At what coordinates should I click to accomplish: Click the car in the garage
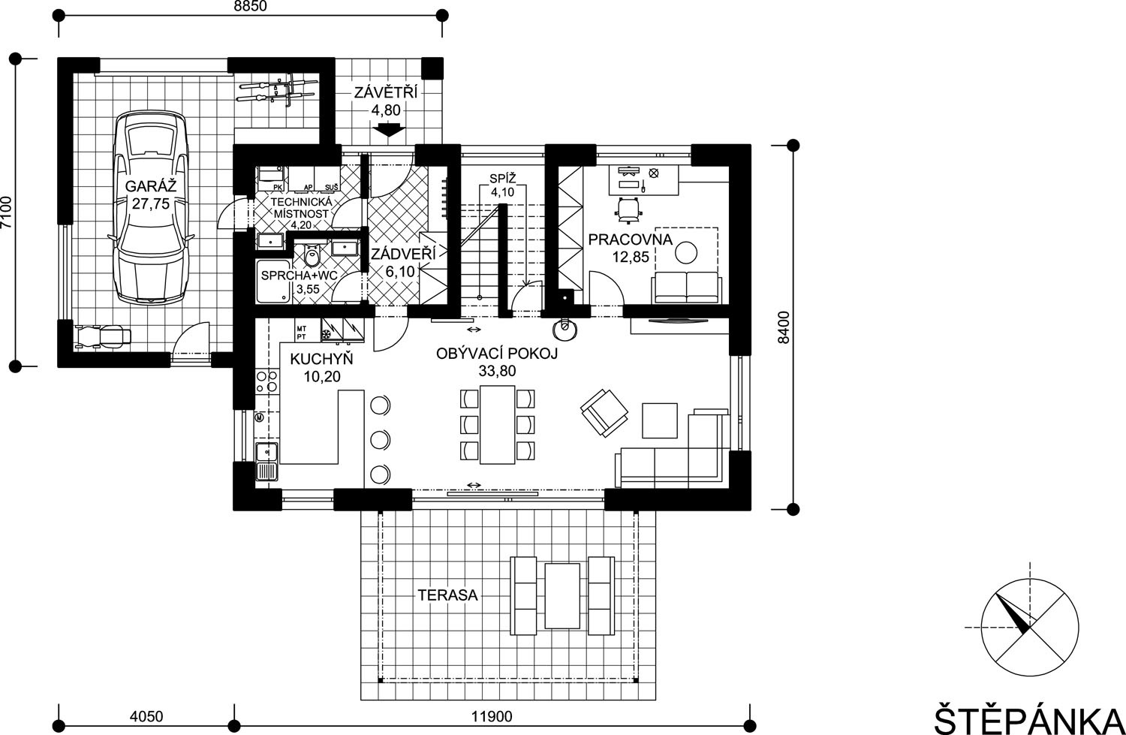point(152,208)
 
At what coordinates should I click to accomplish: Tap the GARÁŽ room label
point(151,186)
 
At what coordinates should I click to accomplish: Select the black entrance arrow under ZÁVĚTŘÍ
point(389,130)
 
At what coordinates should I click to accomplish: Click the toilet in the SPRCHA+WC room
point(312,258)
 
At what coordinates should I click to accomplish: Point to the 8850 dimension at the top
point(250,7)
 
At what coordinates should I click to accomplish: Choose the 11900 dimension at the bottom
point(492,716)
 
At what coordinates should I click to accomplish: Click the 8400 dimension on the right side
point(784,327)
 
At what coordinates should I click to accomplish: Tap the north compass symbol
point(1030,628)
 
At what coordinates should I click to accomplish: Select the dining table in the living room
point(497,424)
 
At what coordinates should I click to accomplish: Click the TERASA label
point(448,595)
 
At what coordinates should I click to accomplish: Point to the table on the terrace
point(562,596)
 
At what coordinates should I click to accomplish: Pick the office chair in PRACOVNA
point(628,209)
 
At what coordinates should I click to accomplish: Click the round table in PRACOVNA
point(686,252)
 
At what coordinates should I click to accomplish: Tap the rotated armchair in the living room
point(604,413)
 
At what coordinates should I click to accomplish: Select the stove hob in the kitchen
point(267,381)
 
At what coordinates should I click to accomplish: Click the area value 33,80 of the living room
point(497,371)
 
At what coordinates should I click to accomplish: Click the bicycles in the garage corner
point(278,93)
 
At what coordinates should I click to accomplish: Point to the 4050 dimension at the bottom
point(146,716)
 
